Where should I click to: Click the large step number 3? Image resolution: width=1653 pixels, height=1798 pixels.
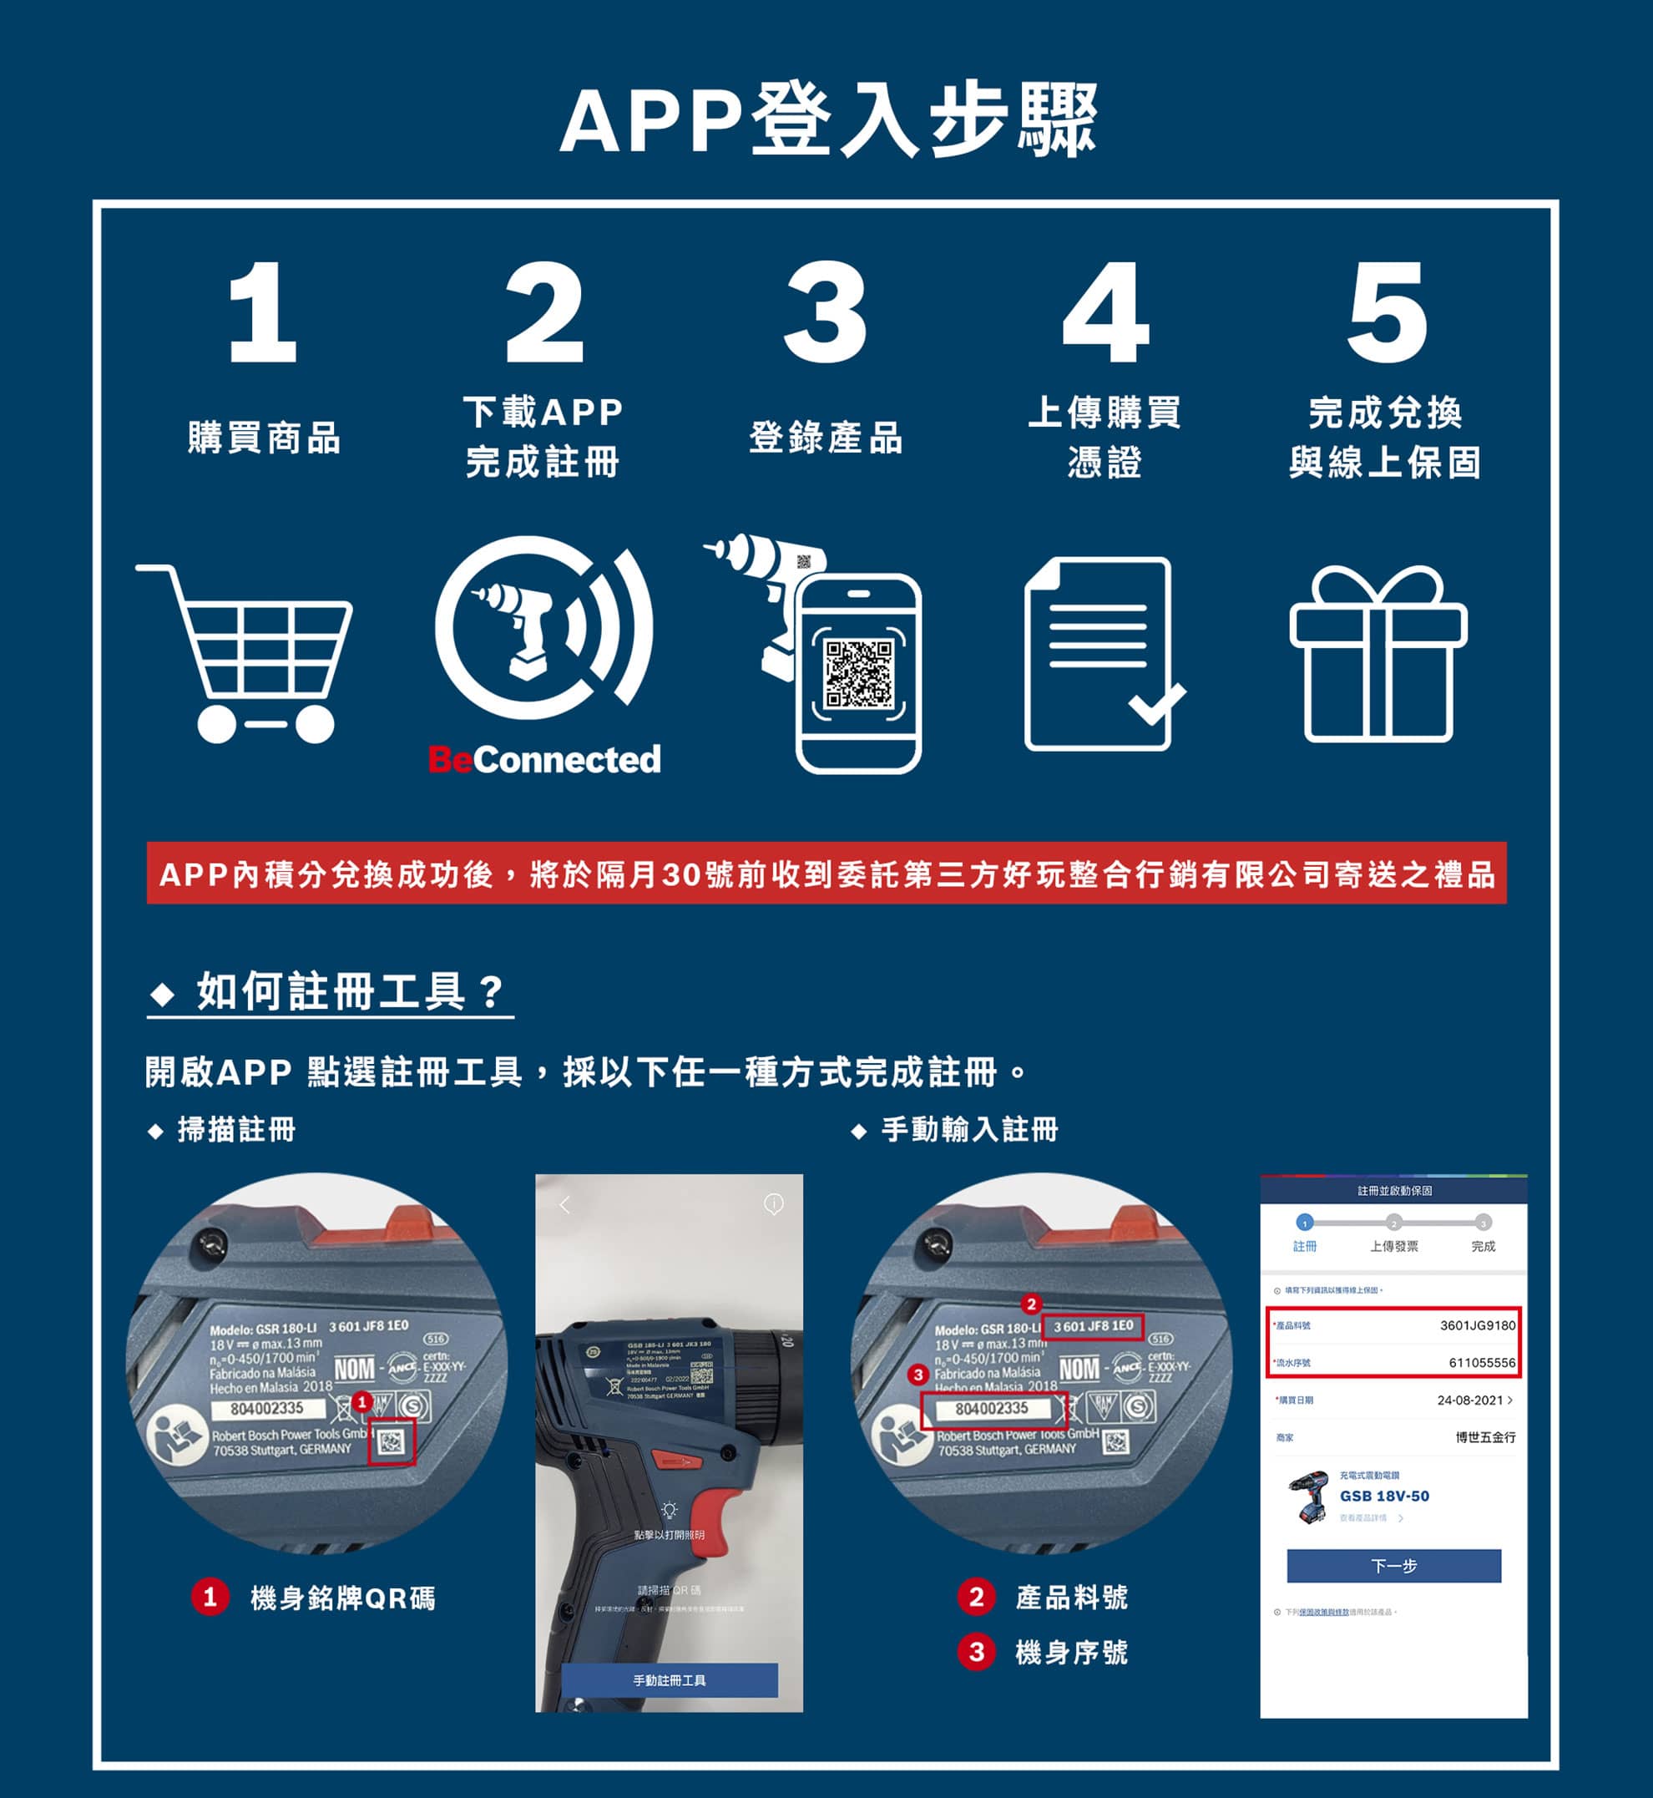pos(825,312)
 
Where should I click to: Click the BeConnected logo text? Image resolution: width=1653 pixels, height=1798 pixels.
pos(543,759)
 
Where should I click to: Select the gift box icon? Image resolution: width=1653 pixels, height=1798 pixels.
pos(1377,656)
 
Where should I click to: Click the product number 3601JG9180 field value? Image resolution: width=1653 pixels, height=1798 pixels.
pos(1477,1324)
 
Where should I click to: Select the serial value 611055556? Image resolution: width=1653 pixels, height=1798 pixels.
pos(1481,1362)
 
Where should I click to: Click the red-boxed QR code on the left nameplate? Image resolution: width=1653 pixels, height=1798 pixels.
pos(392,1441)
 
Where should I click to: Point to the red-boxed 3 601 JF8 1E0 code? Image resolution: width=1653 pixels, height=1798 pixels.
pos(1093,1325)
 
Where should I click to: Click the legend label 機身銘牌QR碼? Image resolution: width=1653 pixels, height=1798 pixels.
pos(341,1598)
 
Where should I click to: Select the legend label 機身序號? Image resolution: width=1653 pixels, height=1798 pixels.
pos(1070,1652)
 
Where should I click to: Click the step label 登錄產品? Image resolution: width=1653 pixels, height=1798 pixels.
pos(825,438)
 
